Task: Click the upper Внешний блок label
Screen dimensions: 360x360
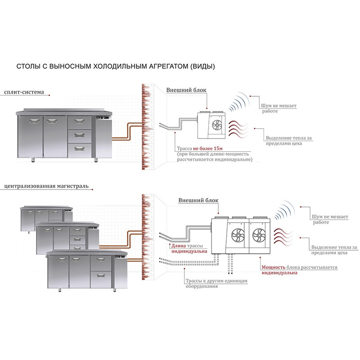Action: tap(186, 90)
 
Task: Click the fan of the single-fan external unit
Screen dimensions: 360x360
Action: tap(215, 125)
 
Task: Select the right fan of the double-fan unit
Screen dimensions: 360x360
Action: tap(259, 234)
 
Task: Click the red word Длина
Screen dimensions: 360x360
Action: tap(178, 246)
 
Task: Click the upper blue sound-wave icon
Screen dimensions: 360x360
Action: tap(239, 103)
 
